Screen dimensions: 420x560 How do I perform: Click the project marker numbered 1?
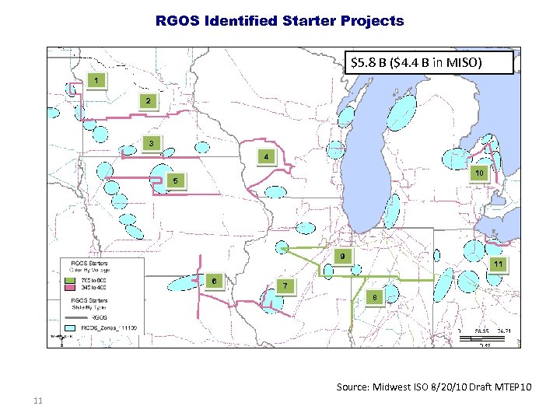coord(96,81)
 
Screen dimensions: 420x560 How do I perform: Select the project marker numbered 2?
coord(148,101)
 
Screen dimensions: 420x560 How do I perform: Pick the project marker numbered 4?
coord(266,156)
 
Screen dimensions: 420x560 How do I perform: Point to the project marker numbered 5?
coord(176,181)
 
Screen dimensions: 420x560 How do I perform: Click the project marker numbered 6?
coord(214,280)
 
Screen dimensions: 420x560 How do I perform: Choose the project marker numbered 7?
coord(285,286)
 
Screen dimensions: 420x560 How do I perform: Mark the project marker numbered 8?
coord(375,297)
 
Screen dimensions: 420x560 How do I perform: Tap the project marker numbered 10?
coord(480,172)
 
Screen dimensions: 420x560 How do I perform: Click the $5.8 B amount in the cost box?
coord(373,62)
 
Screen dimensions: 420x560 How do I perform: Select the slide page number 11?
coord(37,401)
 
